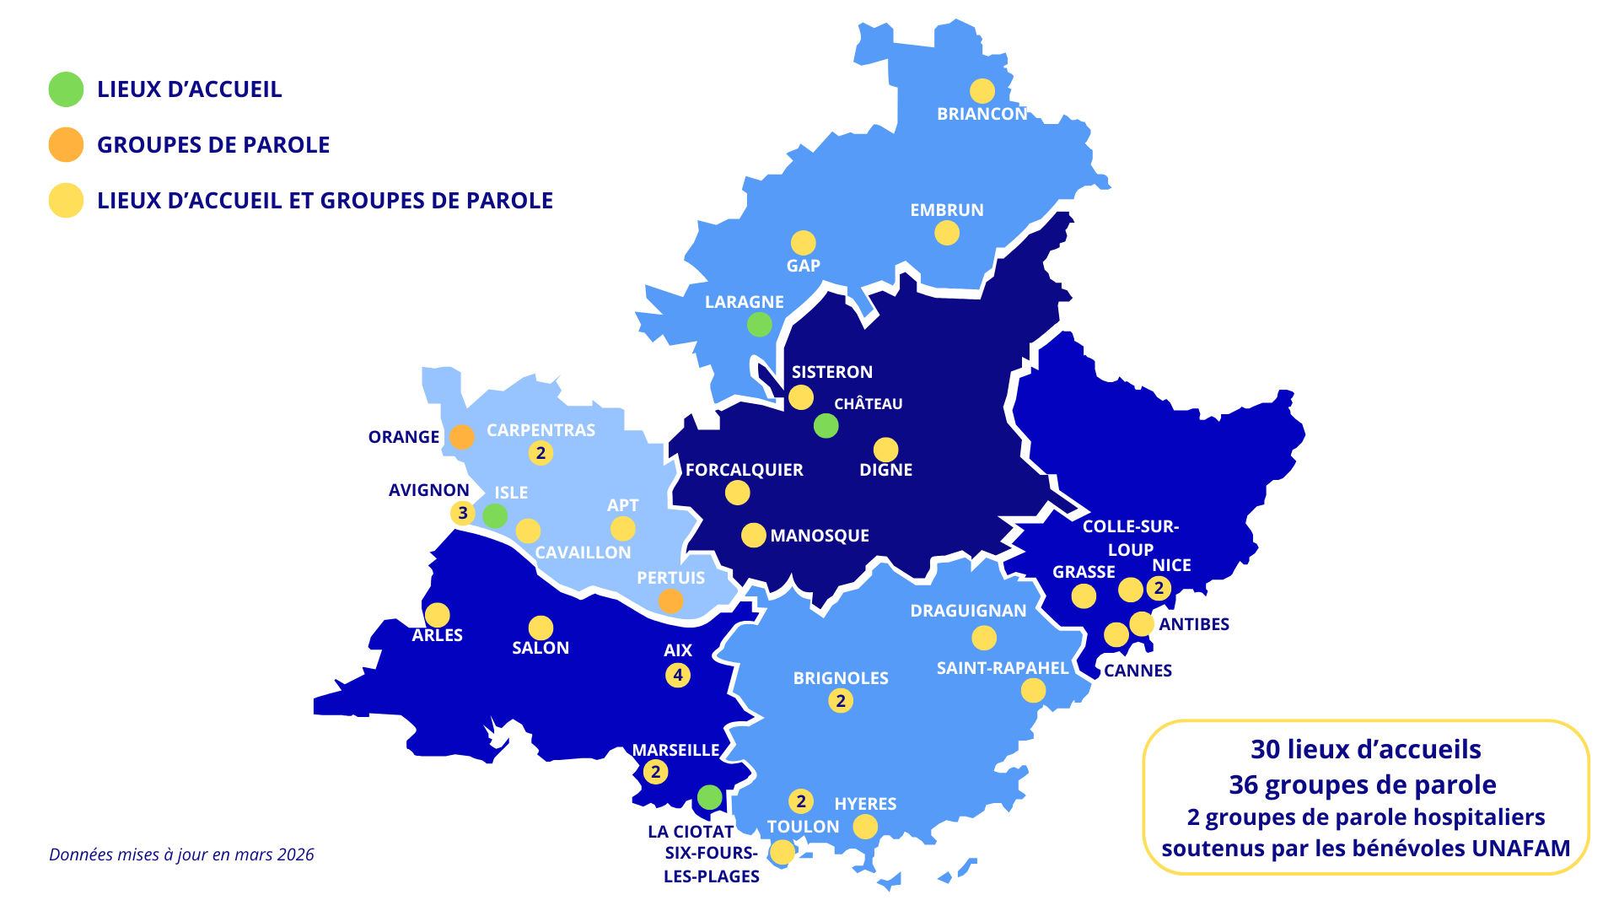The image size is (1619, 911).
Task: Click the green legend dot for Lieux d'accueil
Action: (x=66, y=89)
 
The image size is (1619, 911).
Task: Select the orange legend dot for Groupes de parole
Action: (x=66, y=145)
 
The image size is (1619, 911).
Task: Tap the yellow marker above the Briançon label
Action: (x=982, y=90)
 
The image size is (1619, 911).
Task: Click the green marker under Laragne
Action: (x=759, y=324)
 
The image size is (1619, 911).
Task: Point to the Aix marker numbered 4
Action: (x=678, y=675)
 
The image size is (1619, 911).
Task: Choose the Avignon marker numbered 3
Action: (x=462, y=513)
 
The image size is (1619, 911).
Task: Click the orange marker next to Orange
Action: (x=462, y=437)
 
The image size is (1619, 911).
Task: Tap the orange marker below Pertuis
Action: (x=670, y=601)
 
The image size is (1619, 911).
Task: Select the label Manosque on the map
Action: (x=819, y=536)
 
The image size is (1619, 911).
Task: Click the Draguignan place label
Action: (x=968, y=611)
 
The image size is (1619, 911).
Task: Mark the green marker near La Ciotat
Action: (x=709, y=797)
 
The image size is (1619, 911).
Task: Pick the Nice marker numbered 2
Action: (x=1159, y=588)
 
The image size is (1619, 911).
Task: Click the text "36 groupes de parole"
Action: (x=1363, y=784)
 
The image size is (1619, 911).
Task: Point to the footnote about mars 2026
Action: (x=181, y=854)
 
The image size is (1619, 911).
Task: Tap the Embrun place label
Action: (x=946, y=210)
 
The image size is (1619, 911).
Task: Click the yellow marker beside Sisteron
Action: (x=800, y=397)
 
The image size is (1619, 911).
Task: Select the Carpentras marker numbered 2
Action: (x=541, y=453)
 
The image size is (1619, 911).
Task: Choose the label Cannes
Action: (x=1138, y=671)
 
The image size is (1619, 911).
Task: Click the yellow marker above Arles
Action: (x=437, y=615)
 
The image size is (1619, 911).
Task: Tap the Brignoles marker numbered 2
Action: (x=840, y=701)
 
